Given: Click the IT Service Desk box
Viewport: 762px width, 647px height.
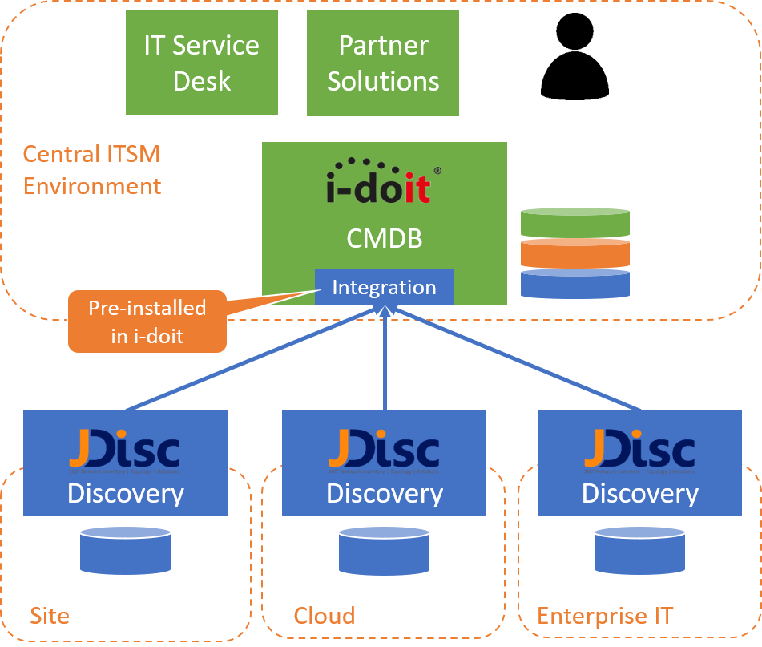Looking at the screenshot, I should pyautogui.click(x=201, y=63).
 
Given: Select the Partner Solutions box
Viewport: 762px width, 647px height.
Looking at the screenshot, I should pyautogui.click(x=383, y=63).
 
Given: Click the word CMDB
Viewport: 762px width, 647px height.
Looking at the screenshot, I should pyautogui.click(x=384, y=238).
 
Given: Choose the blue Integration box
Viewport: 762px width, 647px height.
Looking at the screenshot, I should pyautogui.click(x=384, y=287).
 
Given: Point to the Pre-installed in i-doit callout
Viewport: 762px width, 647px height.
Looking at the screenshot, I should pyautogui.click(x=147, y=321).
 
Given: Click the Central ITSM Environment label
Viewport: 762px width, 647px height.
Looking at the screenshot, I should pyautogui.click(x=91, y=169).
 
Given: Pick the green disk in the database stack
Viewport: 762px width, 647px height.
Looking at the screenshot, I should pyautogui.click(x=575, y=222).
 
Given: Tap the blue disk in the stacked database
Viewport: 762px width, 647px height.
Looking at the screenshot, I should pyautogui.click(x=575, y=282).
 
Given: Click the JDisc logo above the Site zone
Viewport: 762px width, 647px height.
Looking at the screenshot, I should pyautogui.click(x=124, y=451).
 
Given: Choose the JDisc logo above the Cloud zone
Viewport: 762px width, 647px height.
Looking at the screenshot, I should pyautogui.click(x=384, y=451).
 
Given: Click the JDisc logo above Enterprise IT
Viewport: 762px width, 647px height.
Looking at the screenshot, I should pyautogui.click(x=639, y=451).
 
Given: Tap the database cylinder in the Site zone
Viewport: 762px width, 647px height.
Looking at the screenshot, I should pyautogui.click(x=125, y=550).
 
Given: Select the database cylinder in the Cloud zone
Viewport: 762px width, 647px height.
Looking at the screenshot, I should pyautogui.click(x=384, y=550).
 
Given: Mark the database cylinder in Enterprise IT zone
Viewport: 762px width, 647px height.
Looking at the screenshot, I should pyautogui.click(x=639, y=550).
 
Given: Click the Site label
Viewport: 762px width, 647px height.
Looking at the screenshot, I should pyautogui.click(x=50, y=616).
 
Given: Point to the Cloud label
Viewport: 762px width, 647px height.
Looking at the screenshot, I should pyautogui.click(x=324, y=616).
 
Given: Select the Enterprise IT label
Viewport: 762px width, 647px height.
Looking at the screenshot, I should pyautogui.click(x=605, y=616).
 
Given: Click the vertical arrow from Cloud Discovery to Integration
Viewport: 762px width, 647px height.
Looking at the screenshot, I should pyautogui.click(x=385, y=361).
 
